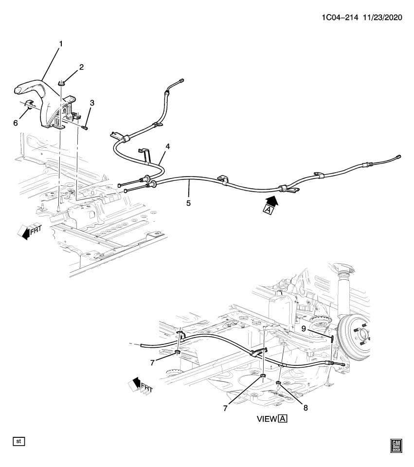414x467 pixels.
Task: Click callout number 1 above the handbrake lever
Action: [x=61, y=44]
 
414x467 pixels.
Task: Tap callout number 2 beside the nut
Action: [x=81, y=67]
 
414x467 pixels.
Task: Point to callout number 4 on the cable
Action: [x=167, y=146]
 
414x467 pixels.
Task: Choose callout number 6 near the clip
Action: [x=16, y=123]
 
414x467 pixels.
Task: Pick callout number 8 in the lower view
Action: [x=306, y=408]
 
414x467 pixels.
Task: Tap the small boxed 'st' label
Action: [x=19, y=441]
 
